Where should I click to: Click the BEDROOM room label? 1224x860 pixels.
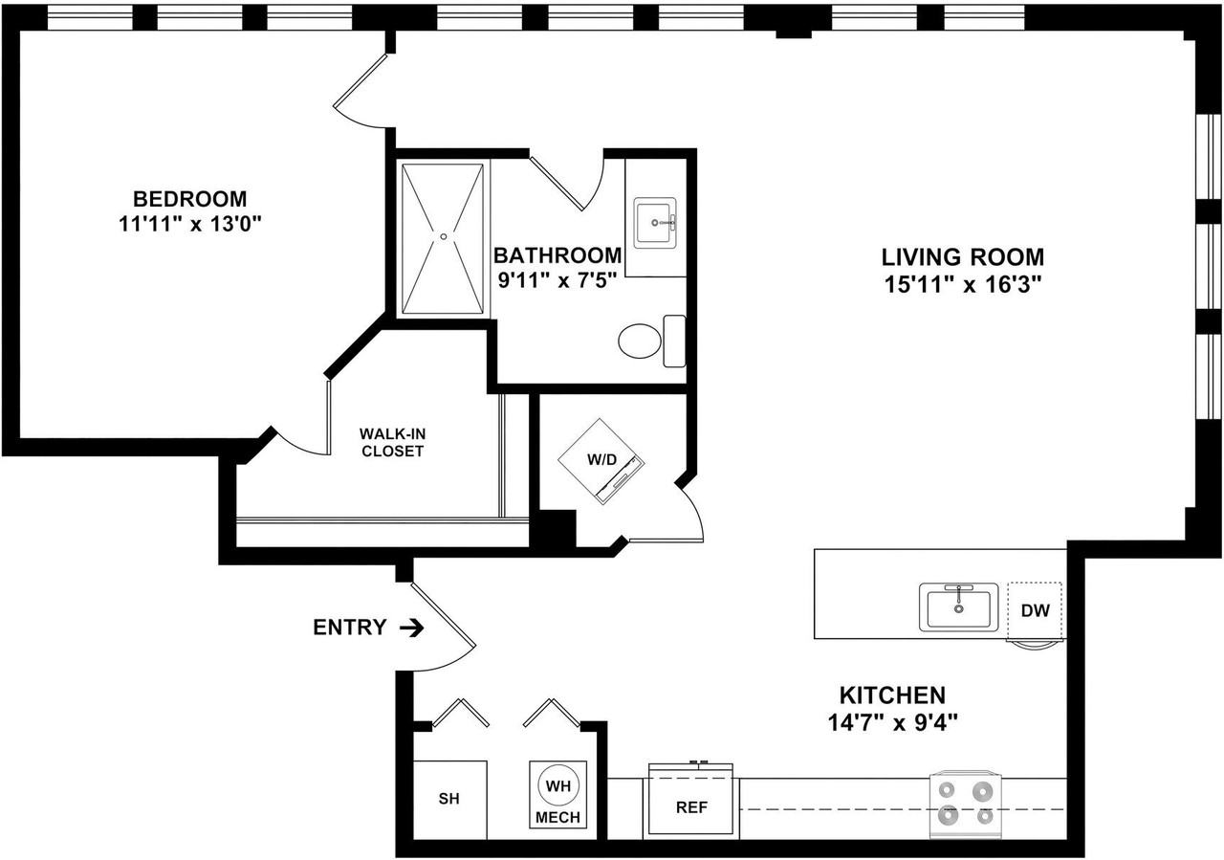pyautogui.click(x=189, y=198)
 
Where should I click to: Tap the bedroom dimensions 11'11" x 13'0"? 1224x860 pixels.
pyautogui.click(x=190, y=224)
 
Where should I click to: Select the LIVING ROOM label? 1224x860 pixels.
pyautogui.click(x=962, y=257)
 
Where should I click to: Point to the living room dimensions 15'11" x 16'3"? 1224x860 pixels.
pyautogui.click(x=963, y=284)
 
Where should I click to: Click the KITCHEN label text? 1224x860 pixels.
pyautogui.click(x=892, y=695)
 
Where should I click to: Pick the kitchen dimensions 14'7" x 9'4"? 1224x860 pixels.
pyautogui.click(x=893, y=723)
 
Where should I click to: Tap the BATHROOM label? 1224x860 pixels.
pyautogui.click(x=557, y=255)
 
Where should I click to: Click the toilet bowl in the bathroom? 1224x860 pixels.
pyautogui.click(x=640, y=342)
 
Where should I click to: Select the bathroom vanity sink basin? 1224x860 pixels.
pyautogui.click(x=655, y=223)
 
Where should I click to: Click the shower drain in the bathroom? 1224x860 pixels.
pyautogui.click(x=444, y=236)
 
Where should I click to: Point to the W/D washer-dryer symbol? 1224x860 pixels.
pyautogui.click(x=601, y=461)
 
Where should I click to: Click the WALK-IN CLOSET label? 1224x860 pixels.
pyautogui.click(x=392, y=442)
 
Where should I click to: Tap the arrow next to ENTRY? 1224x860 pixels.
pyautogui.click(x=412, y=628)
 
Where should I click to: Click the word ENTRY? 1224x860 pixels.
pyautogui.click(x=350, y=628)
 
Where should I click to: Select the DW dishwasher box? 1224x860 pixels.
pyautogui.click(x=1035, y=610)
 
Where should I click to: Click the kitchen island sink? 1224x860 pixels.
pyautogui.click(x=958, y=606)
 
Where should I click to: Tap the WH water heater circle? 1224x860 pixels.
pyautogui.click(x=557, y=786)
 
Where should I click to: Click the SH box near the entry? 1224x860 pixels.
pyautogui.click(x=449, y=800)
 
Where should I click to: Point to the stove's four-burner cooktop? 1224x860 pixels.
pyautogui.click(x=966, y=805)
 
